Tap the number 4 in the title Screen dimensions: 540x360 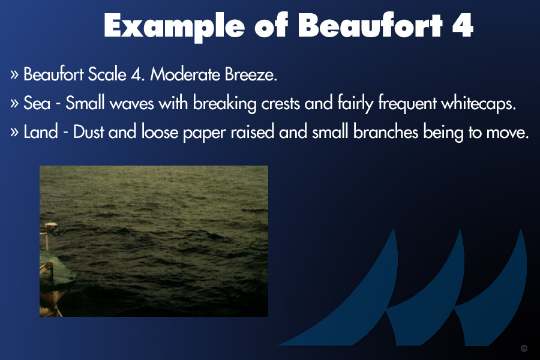coord(463,25)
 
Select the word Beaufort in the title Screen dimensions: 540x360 coord(370,25)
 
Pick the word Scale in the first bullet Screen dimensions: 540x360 coord(107,74)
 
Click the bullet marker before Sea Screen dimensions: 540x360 coord(14,103)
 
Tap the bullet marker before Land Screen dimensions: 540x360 coord(14,131)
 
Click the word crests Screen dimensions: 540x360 coord(280,104)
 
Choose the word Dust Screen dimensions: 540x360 coord(88,132)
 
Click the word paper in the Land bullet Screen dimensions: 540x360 coord(204,133)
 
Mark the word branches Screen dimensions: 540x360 coord(385,132)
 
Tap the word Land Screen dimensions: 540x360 coord(40,132)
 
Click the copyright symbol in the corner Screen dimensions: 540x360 coord(524,348)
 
